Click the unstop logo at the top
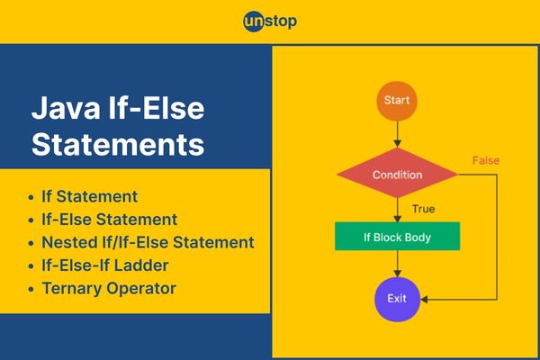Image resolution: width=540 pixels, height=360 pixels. click(x=270, y=22)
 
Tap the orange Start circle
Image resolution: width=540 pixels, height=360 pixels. click(x=397, y=101)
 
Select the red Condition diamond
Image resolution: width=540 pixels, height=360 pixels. click(x=398, y=174)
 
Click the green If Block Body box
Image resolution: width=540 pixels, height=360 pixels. click(x=398, y=237)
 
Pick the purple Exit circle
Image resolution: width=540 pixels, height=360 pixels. click(x=397, y=299)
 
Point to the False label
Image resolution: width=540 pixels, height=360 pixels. click(x=486, y=160)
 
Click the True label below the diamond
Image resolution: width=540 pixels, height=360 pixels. click(x=423, y=209)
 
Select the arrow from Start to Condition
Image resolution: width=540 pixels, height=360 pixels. click(x=397, y=134)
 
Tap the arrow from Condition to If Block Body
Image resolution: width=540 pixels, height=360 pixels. click(x=397, y=210)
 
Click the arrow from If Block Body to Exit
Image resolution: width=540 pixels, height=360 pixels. click(x=397, y=264)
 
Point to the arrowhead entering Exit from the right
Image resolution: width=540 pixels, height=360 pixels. click(x=424, y=300)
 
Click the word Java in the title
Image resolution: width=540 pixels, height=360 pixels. click(x=66, y=108)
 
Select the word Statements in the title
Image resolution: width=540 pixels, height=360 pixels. click(x=118, y=144)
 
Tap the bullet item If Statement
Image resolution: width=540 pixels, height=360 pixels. click(x=89, y=196)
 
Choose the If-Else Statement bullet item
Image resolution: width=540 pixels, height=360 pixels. click(x=110, y=220)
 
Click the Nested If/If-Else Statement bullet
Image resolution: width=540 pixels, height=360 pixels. click(x=148, y=242)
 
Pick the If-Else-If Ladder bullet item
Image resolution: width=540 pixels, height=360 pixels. click(x=105, y=265)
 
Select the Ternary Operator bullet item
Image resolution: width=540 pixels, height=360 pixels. click(x=109, y=288)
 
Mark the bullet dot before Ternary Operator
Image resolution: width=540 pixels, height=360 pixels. click(x=31, y=289)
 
